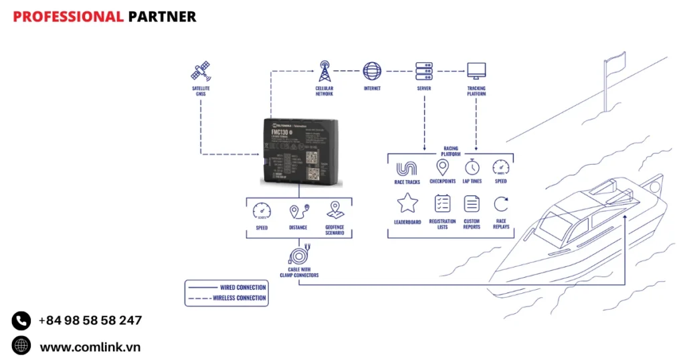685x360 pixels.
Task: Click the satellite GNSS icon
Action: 201,72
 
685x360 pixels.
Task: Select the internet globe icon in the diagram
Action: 372,71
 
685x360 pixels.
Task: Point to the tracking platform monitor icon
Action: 476,70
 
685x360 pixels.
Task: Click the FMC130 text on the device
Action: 280,132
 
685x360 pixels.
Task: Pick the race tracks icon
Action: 407,168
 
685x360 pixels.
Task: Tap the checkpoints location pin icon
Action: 442,167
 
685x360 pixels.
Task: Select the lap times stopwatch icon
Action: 472,167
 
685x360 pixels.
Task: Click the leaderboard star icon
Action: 407,203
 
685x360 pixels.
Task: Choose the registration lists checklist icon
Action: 442,203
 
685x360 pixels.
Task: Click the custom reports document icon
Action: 472,203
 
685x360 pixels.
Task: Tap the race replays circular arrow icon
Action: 501,203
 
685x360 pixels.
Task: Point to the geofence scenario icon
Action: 335,211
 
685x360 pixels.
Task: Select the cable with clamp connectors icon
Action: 298,256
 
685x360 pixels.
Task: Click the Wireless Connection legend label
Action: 239,298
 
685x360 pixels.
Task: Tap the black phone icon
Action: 21,321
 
